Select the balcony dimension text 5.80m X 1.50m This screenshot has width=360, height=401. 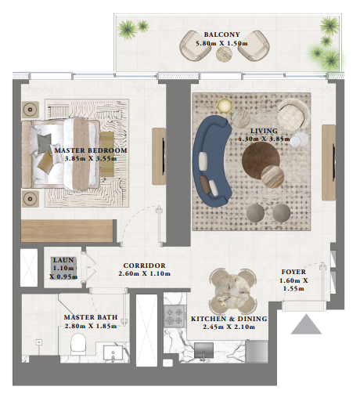tap(221, 45)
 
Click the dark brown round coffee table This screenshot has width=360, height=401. tap(261, 162)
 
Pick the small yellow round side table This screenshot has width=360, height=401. tap(225, 106)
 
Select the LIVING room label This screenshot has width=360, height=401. tap(264, 132)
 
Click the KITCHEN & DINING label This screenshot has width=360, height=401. tap(229, 319)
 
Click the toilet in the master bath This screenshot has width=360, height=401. tap(78, 345)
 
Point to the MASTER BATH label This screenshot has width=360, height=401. tap(90, 317)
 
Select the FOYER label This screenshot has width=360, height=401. tap(294, 272)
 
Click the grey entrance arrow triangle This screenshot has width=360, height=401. tap(306, 324)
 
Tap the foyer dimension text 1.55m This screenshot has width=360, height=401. tap(294, 289)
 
